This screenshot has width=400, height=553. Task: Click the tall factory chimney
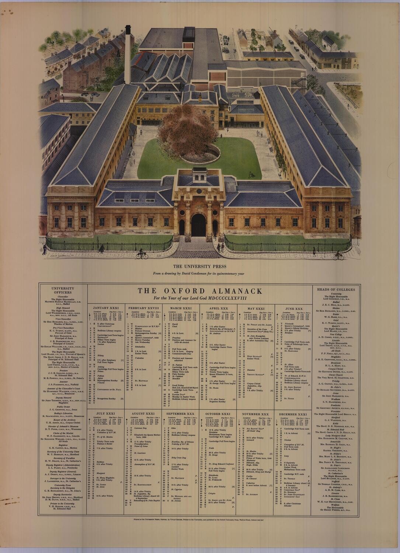click(128, 55)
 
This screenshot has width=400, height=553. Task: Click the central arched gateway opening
click(198, 225)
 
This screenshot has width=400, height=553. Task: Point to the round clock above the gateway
click(198, 191)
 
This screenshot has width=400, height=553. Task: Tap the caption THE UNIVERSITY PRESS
click(200, 266)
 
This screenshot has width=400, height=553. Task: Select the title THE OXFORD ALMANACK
click(200, 291)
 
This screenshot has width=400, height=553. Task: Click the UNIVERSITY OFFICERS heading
click(63, 291)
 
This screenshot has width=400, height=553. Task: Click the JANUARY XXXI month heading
click(105, 308)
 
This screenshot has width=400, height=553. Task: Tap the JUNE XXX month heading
click(293, 308)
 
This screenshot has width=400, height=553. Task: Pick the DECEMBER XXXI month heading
click(293, 414)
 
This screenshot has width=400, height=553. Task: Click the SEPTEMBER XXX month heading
click(180, 414)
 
